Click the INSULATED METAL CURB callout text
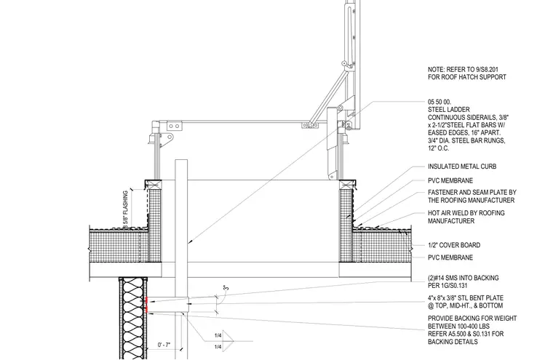462,167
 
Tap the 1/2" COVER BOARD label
454,245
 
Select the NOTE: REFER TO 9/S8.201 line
463,70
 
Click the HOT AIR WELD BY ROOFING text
466,213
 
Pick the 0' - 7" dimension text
164,345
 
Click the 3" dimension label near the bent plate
226,288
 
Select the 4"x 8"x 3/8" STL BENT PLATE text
466,298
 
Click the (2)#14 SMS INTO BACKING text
464,278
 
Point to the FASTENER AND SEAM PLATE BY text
472,193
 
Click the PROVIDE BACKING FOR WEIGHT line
472,319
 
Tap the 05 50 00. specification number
439,102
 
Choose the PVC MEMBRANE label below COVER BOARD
450,257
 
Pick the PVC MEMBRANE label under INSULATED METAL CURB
450,181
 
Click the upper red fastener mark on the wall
147,301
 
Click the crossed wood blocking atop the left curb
155,185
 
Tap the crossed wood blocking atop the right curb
346,185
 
